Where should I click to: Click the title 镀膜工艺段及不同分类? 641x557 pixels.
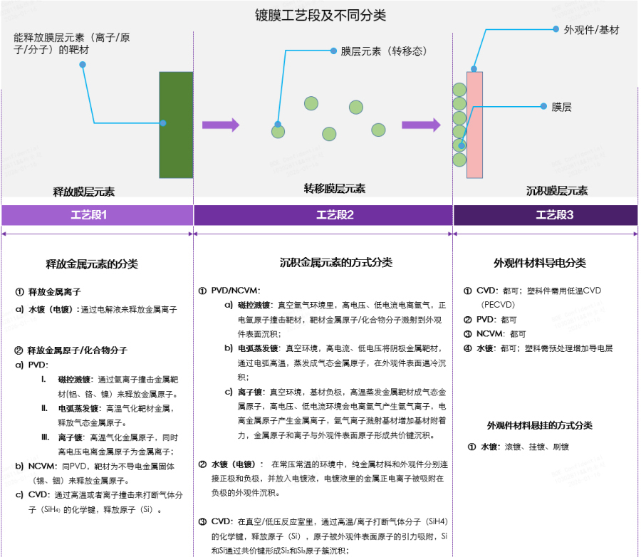[320, 15]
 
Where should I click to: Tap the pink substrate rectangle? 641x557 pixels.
[475, 124]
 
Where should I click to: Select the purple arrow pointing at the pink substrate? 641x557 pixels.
[421, 125]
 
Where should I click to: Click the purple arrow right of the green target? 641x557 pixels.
[220, 125]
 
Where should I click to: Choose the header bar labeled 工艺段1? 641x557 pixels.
[98, 215]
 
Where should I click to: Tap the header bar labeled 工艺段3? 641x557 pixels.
[545, 215]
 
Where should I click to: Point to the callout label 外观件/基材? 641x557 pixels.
[591, 30]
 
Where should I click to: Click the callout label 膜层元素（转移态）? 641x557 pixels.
[382, 51]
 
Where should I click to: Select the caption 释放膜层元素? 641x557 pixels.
[84, 192]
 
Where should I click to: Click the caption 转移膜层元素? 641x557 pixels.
[335, 189]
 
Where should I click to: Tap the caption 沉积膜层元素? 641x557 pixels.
[557, 191]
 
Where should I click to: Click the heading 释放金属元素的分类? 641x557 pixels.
[92, 264]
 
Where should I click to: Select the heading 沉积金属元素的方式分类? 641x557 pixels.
[336, 263]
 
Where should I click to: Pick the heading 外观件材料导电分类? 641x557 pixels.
[540, 263]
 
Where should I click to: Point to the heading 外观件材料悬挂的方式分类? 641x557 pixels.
[539, 425]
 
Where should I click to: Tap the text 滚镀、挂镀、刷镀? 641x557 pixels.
[536, 447]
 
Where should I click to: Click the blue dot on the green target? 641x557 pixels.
[163, 123]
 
